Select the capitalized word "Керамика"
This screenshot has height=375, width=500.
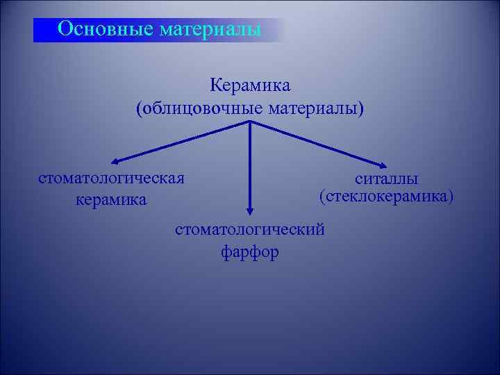(x=250, y=86)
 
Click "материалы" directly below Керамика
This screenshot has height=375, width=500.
(x=315, y=109)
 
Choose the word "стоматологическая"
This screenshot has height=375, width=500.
(x=111, y=178)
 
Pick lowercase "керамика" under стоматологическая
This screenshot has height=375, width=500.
(x=111, y=200)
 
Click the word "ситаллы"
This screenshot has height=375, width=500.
(x=386, y=178)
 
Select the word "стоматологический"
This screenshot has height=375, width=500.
(x=250, y=229)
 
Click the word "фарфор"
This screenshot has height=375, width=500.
(x=250, y=251)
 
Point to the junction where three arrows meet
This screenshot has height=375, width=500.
(x=250, y=123)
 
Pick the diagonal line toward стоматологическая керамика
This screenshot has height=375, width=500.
(x=181, y=142)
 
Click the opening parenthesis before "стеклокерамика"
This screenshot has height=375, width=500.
(x=322, y=197)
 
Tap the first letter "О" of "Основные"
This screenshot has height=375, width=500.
(x=65, y=29)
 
